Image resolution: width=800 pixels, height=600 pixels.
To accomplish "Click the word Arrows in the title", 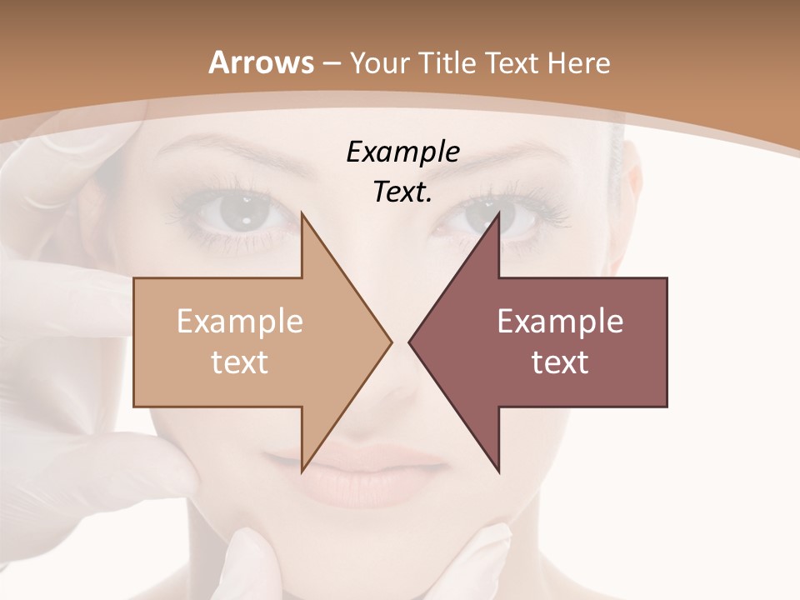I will coord(261,62).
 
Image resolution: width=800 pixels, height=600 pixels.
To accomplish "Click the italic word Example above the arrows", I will coord(403,152).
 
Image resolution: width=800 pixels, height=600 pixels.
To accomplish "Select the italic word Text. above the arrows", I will coord(403,192).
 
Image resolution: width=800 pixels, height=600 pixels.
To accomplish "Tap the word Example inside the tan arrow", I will coord(240,322).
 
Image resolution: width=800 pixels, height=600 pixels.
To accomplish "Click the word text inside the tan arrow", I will coord(240,362).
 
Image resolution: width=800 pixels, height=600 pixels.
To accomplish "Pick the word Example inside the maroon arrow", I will coord(560,322).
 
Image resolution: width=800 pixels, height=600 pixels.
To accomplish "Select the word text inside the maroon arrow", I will coord(560,362).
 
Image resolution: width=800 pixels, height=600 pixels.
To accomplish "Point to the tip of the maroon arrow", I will coord(411,342).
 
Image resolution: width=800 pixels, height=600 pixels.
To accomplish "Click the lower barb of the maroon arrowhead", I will coord(497,468).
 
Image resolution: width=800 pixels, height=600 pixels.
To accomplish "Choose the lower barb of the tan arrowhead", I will coord(303,468).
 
